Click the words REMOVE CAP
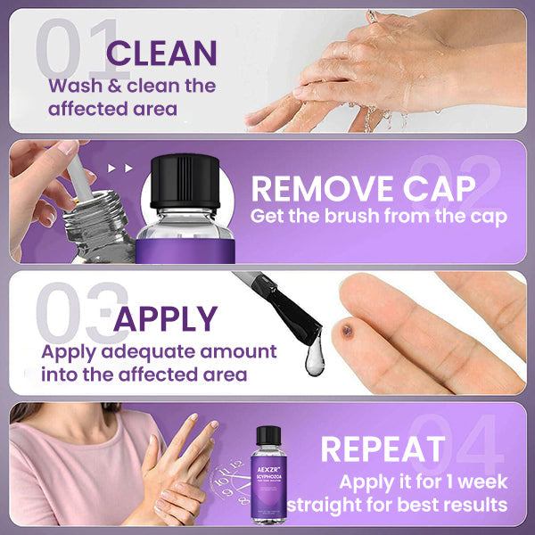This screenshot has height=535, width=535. coord(362,189)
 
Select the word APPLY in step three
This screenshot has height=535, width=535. coord(166,318)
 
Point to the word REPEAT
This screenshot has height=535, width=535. coord(383,449)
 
